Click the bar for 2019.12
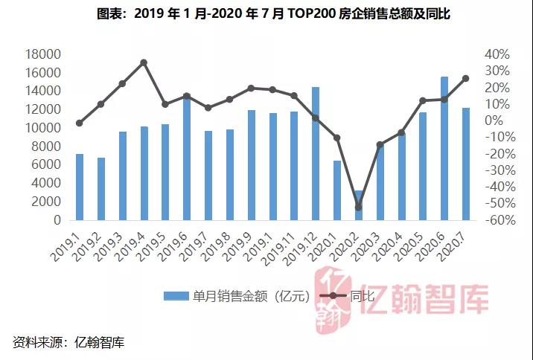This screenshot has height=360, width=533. click(316, 154)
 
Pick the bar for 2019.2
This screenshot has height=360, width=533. click(101, 189)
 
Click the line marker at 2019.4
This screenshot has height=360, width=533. click(144, 62)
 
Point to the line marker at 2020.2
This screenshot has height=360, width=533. click(359, 207)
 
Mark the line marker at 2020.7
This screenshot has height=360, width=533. click(466, 78)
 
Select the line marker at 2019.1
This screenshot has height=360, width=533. click(80, 123)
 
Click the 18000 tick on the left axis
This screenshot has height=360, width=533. click(45, 54)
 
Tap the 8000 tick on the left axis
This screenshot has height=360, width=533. click(48, 147)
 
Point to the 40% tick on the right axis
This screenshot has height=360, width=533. click(497, 54)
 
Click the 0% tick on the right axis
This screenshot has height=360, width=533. click(500, 120)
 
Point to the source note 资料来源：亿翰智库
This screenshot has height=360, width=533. click(68, 342)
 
